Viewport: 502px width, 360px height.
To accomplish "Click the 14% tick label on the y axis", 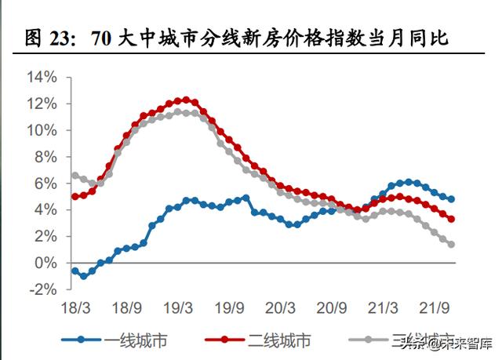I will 42,78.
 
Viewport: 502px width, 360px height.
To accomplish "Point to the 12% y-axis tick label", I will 42,104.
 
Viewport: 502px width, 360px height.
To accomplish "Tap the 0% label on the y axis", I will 48,263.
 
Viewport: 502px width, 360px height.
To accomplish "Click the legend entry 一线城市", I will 136,340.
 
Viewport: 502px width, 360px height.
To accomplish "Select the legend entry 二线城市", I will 279,340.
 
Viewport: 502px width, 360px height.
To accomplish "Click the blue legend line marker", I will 82,340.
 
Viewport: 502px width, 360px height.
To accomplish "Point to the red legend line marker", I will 226,340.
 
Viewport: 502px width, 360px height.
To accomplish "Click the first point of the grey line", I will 75,175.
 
